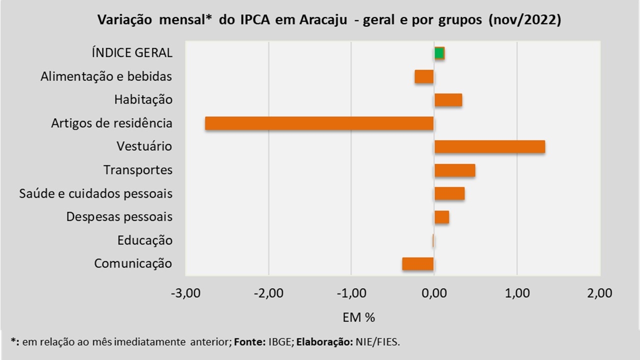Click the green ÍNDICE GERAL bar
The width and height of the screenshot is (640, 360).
point(439,53)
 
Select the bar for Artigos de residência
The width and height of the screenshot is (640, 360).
point(319,123)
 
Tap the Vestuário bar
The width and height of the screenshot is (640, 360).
point(489,147)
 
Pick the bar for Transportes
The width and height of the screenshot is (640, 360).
point(454,170)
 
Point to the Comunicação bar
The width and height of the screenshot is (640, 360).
point(418,264)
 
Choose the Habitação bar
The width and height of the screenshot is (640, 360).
point(448,100)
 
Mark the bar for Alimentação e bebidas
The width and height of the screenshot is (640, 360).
point(424,76)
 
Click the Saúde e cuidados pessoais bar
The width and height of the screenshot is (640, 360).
point(449,193)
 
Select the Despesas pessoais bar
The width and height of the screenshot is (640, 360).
point(441,217)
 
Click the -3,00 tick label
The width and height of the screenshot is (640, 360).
point(185,293)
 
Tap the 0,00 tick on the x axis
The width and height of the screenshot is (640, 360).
point(434,293)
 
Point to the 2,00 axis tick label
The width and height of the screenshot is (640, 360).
point(599,293)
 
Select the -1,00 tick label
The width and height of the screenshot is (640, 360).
point(351,293)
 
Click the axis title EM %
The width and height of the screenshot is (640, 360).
point(358,317)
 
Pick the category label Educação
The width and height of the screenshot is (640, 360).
point(145,240)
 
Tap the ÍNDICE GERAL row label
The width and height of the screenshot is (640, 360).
point(132,53)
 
